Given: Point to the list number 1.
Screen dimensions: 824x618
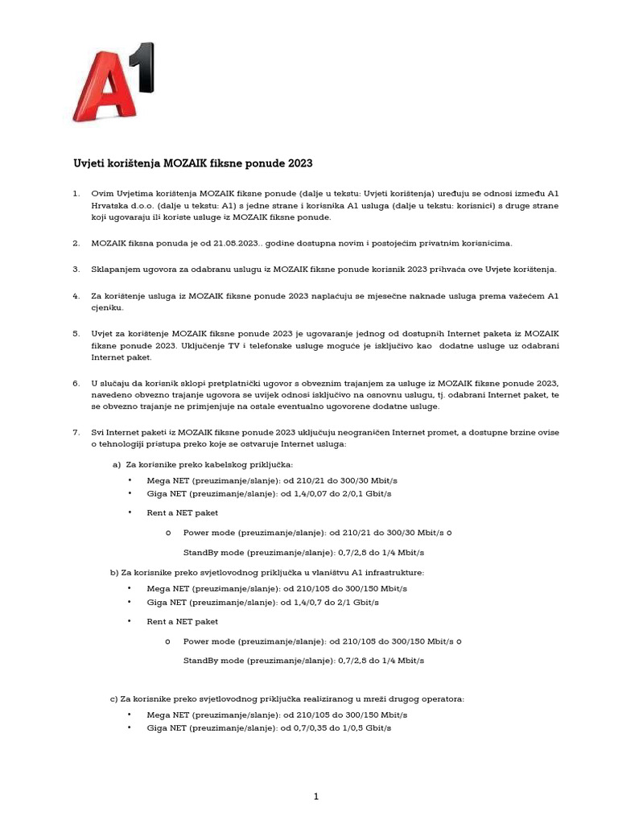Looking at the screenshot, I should (x=76, y=194).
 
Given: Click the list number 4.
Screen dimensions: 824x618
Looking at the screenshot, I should (x=76, y=295).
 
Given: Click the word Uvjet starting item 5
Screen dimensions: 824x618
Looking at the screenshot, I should (x=103, y=333).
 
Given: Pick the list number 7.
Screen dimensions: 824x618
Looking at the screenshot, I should (x=76, y=433).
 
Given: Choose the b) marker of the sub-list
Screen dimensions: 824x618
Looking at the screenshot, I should (x=114, y=572).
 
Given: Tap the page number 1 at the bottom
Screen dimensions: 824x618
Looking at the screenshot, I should (x=316, y=797).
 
